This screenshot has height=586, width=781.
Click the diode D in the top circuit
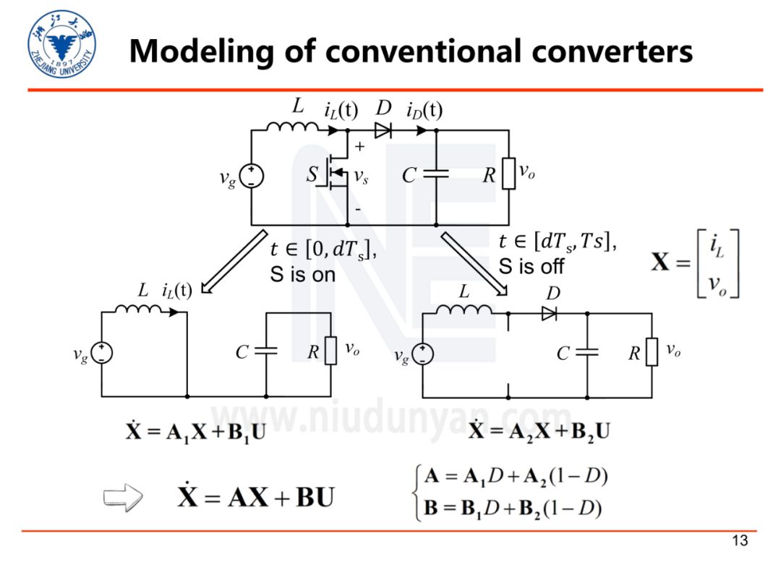(x=383, y=131)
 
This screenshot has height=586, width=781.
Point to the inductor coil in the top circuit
(x=291, y=128)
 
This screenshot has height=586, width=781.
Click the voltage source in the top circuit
(x=251, y=175)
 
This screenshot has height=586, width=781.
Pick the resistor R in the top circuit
(x=509, y=174)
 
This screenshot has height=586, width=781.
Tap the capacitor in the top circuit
(x=436, y=174)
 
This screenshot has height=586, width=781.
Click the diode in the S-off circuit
(x=549, y=314)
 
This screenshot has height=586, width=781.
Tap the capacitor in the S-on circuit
(x=266, y=352)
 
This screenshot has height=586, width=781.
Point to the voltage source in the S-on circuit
(x=102, y=352)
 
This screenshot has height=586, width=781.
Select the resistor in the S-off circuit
(x=652, y=352)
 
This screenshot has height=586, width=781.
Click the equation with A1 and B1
(x=195, y=432)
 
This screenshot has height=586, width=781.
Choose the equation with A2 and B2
(x=539, y=432)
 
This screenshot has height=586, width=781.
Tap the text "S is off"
(x=532, y=266)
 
